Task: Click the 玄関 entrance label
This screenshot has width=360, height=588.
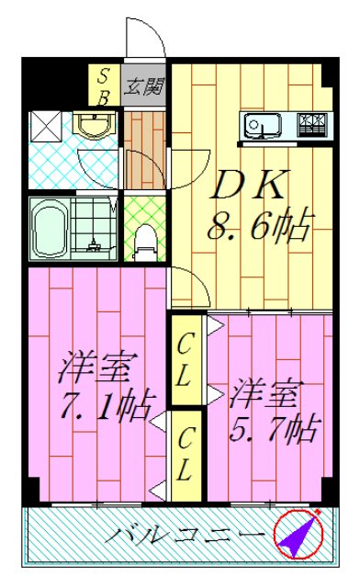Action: (x=144, y=89)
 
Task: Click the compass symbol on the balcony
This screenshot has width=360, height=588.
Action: (x=298, y=534)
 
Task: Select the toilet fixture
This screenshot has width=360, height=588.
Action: (x=144, y=241)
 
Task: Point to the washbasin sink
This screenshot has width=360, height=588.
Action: (x=91, y=127)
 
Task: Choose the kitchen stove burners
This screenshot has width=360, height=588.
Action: (x=314, y=122)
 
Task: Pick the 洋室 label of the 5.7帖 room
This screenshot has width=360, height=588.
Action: (x=264, y=394)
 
